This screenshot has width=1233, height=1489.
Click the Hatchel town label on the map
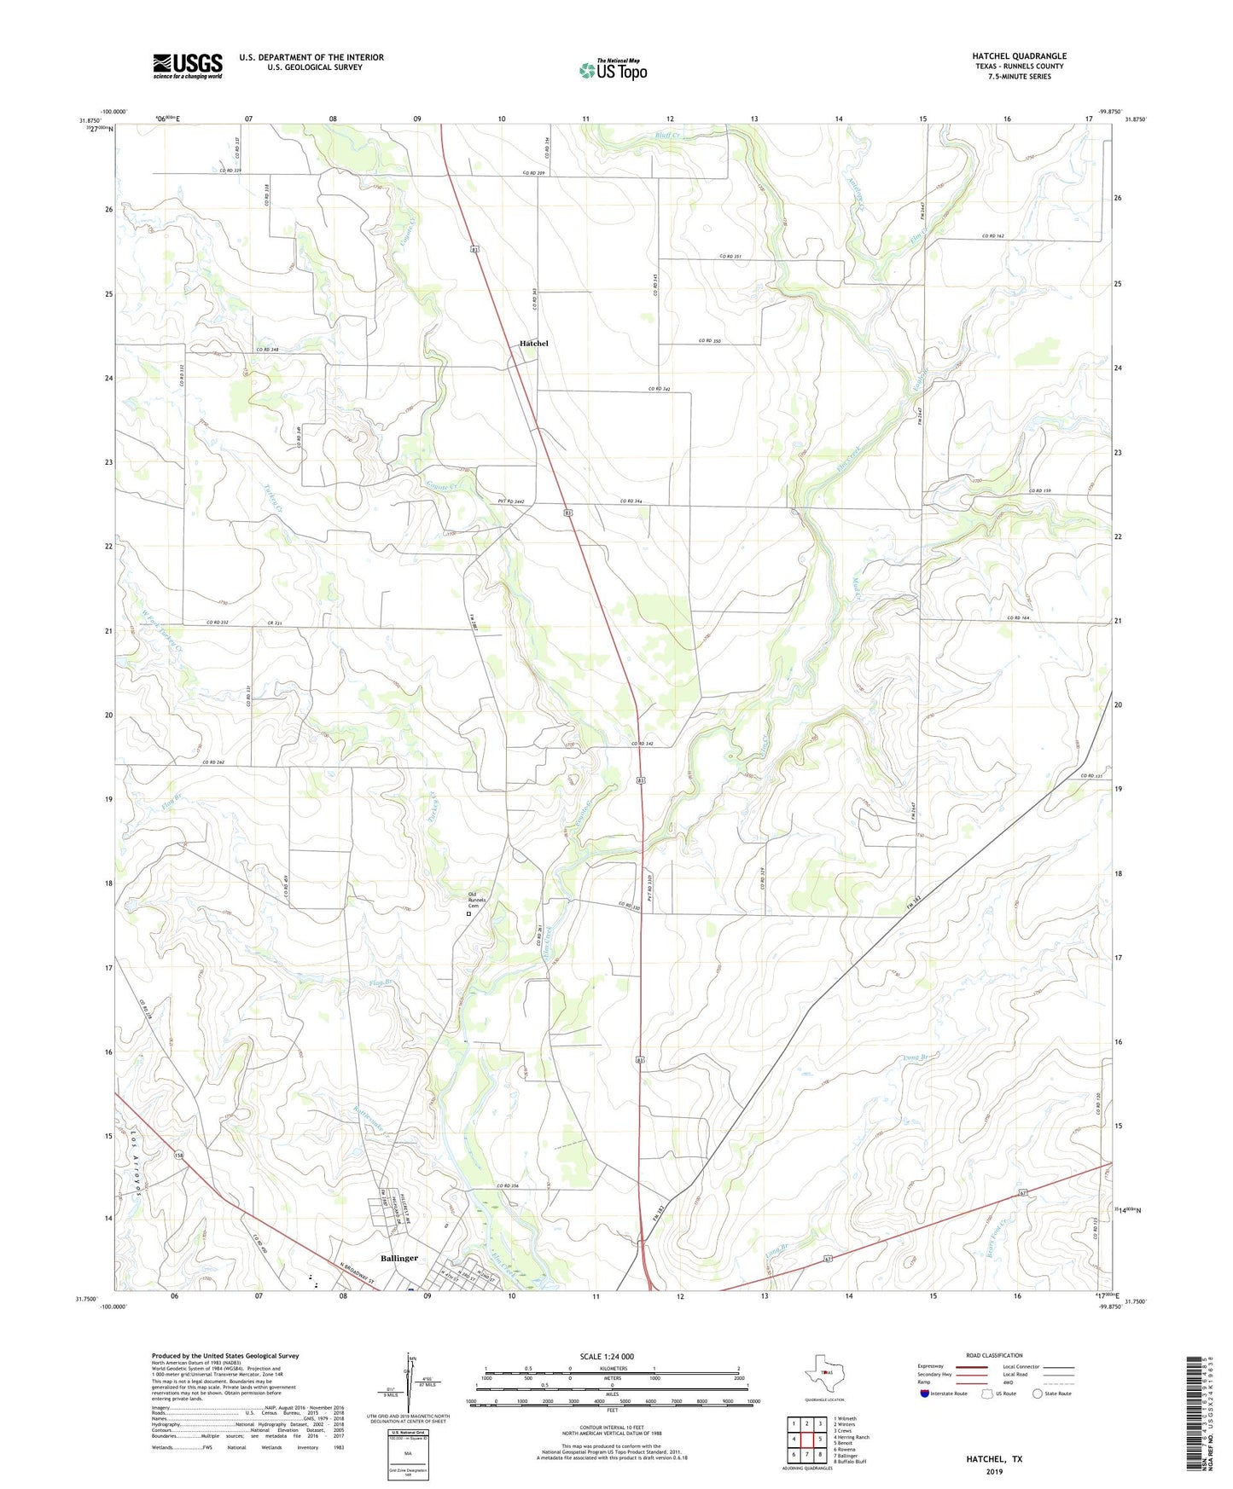[534, 343]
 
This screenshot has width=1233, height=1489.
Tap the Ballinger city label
[398, 1258]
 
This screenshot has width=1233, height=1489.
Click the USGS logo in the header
[188, 66]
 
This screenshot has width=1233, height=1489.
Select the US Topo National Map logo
[613, 69]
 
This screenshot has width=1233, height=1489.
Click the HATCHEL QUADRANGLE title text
[1019, 56]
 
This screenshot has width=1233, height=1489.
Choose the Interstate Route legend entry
[944, 1393]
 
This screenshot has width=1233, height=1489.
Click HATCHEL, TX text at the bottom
[994, 1459]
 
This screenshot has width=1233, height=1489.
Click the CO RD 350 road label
[709, 340]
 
